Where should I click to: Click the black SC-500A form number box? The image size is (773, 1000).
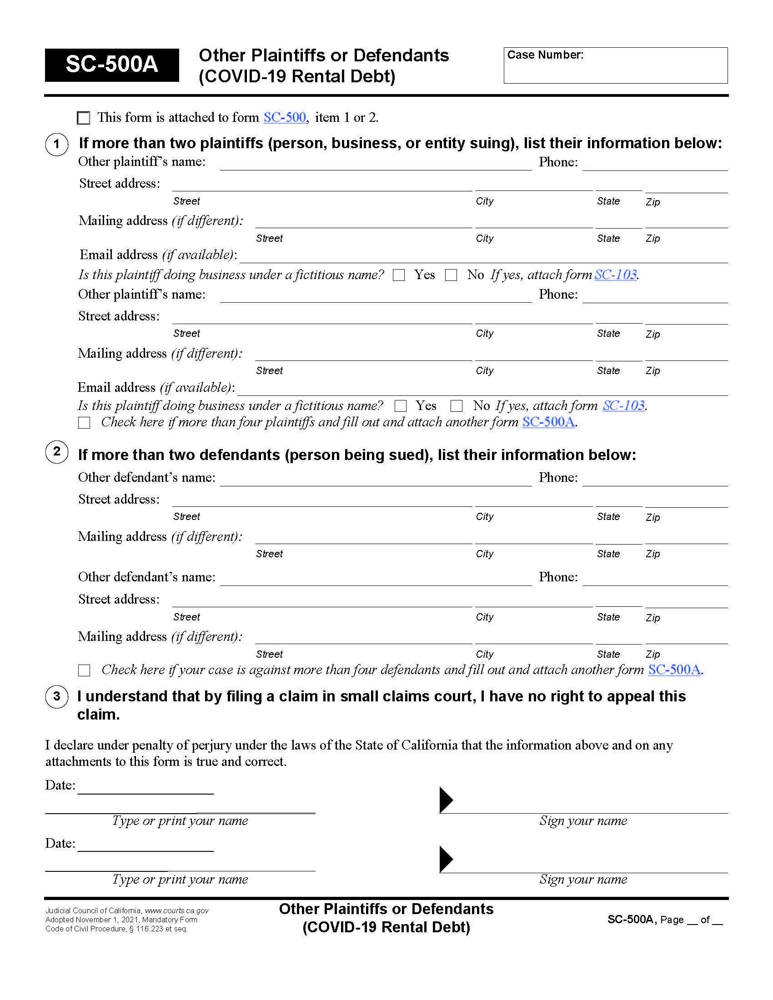[x=112, y=65]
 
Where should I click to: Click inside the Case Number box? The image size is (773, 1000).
[x=615, y=69]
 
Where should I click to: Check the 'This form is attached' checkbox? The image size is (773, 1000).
[x=84, y=118]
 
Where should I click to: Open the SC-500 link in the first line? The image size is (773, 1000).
[x=284, y=117]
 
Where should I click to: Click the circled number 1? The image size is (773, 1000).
[x=57, y=145]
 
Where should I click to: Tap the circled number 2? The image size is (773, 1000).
[x=57, y=451]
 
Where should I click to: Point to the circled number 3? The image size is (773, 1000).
[x=57, y=697]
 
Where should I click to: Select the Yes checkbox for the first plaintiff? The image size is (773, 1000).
[x=399, y=275]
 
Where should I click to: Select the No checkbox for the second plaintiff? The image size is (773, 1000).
[x=457, y=406]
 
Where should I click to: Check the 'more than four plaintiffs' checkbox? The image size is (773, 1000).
[x=84, y=422]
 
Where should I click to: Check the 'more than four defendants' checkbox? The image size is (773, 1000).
[x=84, y=670]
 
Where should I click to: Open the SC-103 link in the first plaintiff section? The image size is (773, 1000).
[x=616, y=275]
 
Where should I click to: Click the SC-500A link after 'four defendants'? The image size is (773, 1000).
[x=674, y=670]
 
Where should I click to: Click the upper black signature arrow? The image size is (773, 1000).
[x=446, y=800]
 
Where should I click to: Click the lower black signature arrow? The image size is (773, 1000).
[x=446, y=860]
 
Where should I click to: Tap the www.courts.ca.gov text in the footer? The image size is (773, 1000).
[x=177, y=911]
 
